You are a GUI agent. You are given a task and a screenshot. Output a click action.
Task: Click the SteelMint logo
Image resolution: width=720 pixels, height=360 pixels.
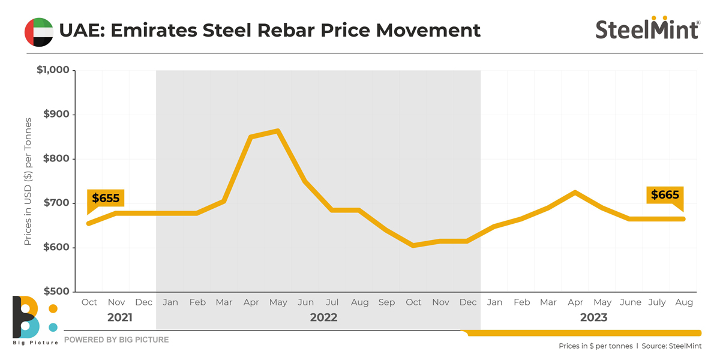647,28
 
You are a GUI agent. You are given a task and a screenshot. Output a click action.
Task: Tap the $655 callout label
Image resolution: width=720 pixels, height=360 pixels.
106,199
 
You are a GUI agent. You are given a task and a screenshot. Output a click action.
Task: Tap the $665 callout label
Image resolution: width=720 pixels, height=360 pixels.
665,195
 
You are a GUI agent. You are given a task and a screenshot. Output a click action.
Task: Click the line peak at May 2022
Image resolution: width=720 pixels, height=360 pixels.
278,131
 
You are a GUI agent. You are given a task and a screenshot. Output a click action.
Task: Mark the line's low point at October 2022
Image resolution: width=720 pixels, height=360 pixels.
413,245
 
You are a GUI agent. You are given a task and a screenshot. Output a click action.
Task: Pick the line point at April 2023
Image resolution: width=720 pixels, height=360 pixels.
575,193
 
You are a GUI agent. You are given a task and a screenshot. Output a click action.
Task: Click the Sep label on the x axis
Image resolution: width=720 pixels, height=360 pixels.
386,302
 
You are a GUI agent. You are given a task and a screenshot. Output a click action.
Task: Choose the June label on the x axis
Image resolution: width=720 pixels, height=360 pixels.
630,302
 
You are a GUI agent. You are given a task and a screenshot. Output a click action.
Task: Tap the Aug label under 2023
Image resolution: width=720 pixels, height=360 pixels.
684,302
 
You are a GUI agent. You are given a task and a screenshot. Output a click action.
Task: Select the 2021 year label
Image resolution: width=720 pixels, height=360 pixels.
120,317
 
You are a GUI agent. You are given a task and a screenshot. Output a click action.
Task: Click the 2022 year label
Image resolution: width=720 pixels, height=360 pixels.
323,317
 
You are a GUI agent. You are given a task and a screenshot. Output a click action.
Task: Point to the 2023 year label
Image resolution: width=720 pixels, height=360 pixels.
593,317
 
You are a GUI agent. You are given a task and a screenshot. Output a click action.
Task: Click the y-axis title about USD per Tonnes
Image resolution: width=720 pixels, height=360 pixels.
28,181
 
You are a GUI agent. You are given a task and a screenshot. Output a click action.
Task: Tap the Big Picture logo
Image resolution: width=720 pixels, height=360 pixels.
35,320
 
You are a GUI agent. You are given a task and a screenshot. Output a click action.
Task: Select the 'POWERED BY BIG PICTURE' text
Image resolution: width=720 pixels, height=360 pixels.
116,340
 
